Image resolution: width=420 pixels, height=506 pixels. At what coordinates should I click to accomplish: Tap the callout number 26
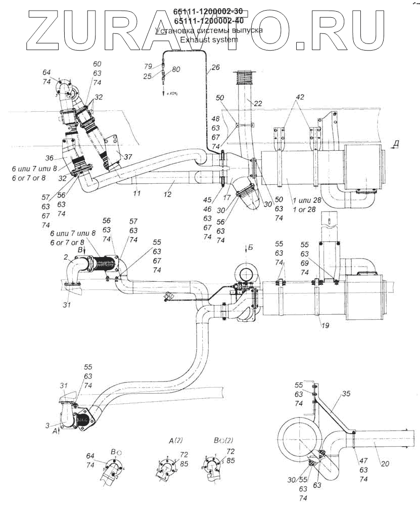click(216, 67)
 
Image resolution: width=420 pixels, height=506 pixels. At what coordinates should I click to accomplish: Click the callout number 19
click(324, 325)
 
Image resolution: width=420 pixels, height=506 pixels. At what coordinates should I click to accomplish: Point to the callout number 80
click(176, 69)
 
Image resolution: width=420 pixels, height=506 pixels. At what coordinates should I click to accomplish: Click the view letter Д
click(396, 144)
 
